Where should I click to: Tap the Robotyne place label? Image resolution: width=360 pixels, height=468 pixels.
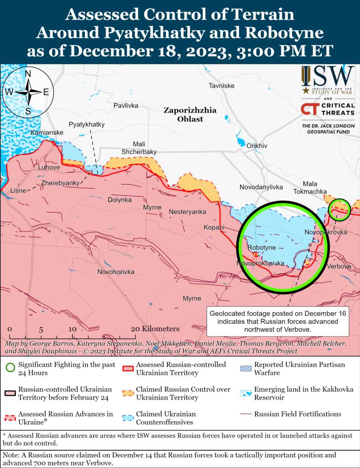pyautogui.click(x=261, y=247)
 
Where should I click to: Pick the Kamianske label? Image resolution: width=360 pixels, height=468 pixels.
pyautogui.click(x=47, y=133)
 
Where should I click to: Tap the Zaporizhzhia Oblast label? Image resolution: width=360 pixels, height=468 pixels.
pyautogui.click(x=189, y=115)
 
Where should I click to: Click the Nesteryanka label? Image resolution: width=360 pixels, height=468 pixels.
pyautogui.click(x=187, y=211)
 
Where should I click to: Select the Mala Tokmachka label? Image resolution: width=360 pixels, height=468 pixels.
pyautogui.click(x=310, y=188)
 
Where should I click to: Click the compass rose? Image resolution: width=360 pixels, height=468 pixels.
pyautogui.click(x=28, y=92)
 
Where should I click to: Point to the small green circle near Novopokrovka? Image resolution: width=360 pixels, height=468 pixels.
pyautogui.click(x=339, y=209)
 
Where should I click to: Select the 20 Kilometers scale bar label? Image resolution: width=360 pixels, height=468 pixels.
pyautogui.click(x=155, y=329)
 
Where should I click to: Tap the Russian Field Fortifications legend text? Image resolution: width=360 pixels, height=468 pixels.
pyautogui.click(x=297, y=414)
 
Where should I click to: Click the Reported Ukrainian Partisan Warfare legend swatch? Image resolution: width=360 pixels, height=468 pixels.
pyautogui.click(x=246, y=368)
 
